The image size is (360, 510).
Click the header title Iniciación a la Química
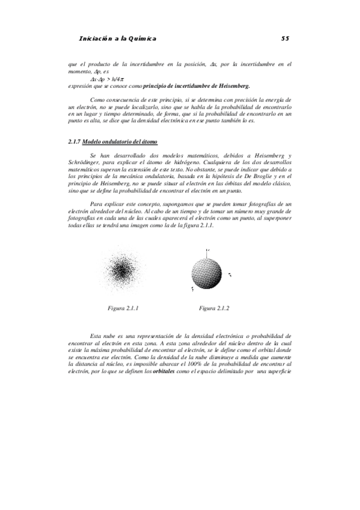[x=118, y=38]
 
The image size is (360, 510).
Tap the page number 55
[x=285, y=38]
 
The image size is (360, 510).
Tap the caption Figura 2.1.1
[x=123, y=308]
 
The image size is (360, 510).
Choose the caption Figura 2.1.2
[x=215, y=308]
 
